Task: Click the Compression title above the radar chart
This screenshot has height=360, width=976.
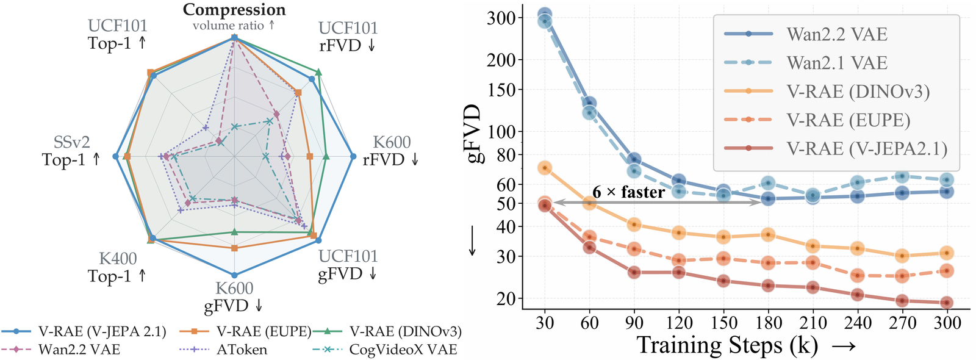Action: coord(234,9)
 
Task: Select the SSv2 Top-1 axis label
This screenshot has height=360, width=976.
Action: coord(71,151)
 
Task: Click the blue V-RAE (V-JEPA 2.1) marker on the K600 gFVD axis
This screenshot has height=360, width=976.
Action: coord(234,275)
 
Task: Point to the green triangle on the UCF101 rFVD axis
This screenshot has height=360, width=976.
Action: coord(318,73)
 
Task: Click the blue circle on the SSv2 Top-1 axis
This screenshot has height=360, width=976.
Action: coord(116,156)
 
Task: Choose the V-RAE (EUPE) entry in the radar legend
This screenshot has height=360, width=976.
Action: coord(246,332)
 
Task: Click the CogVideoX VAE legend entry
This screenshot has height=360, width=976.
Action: coord(385,350)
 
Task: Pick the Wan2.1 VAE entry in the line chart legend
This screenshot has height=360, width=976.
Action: coord(806,63)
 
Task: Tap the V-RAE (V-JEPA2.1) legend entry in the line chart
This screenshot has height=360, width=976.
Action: coord(836,149)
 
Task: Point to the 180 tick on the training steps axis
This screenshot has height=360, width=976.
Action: coord(768,323)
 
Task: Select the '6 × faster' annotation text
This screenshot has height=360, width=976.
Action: coord(629,192)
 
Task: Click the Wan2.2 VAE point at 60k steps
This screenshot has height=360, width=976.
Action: coord(589,104)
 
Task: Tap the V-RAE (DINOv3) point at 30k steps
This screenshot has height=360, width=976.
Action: coord(545,168)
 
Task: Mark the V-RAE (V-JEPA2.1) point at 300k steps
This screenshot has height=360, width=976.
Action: coord(946,303)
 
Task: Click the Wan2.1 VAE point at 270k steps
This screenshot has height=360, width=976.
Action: coord(902,176)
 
